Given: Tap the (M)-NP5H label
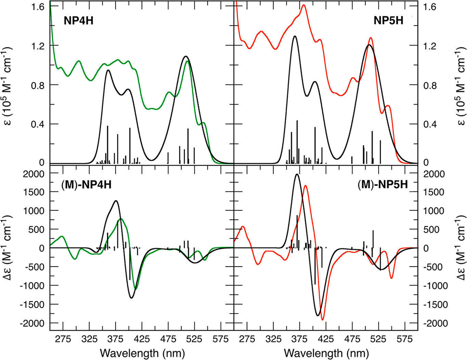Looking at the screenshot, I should point(382,185).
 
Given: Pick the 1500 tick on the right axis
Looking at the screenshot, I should point(434,192).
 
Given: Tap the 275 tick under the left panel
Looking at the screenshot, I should point(63,339).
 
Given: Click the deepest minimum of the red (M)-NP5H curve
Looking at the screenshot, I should point(322,320).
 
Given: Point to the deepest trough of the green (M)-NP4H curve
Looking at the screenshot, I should point(136,289).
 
